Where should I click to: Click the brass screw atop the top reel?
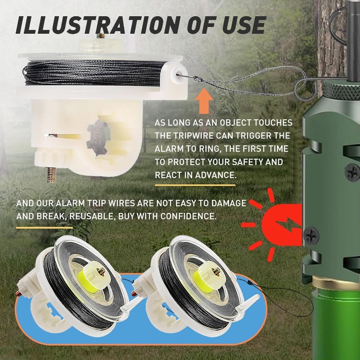tap(101, 34)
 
